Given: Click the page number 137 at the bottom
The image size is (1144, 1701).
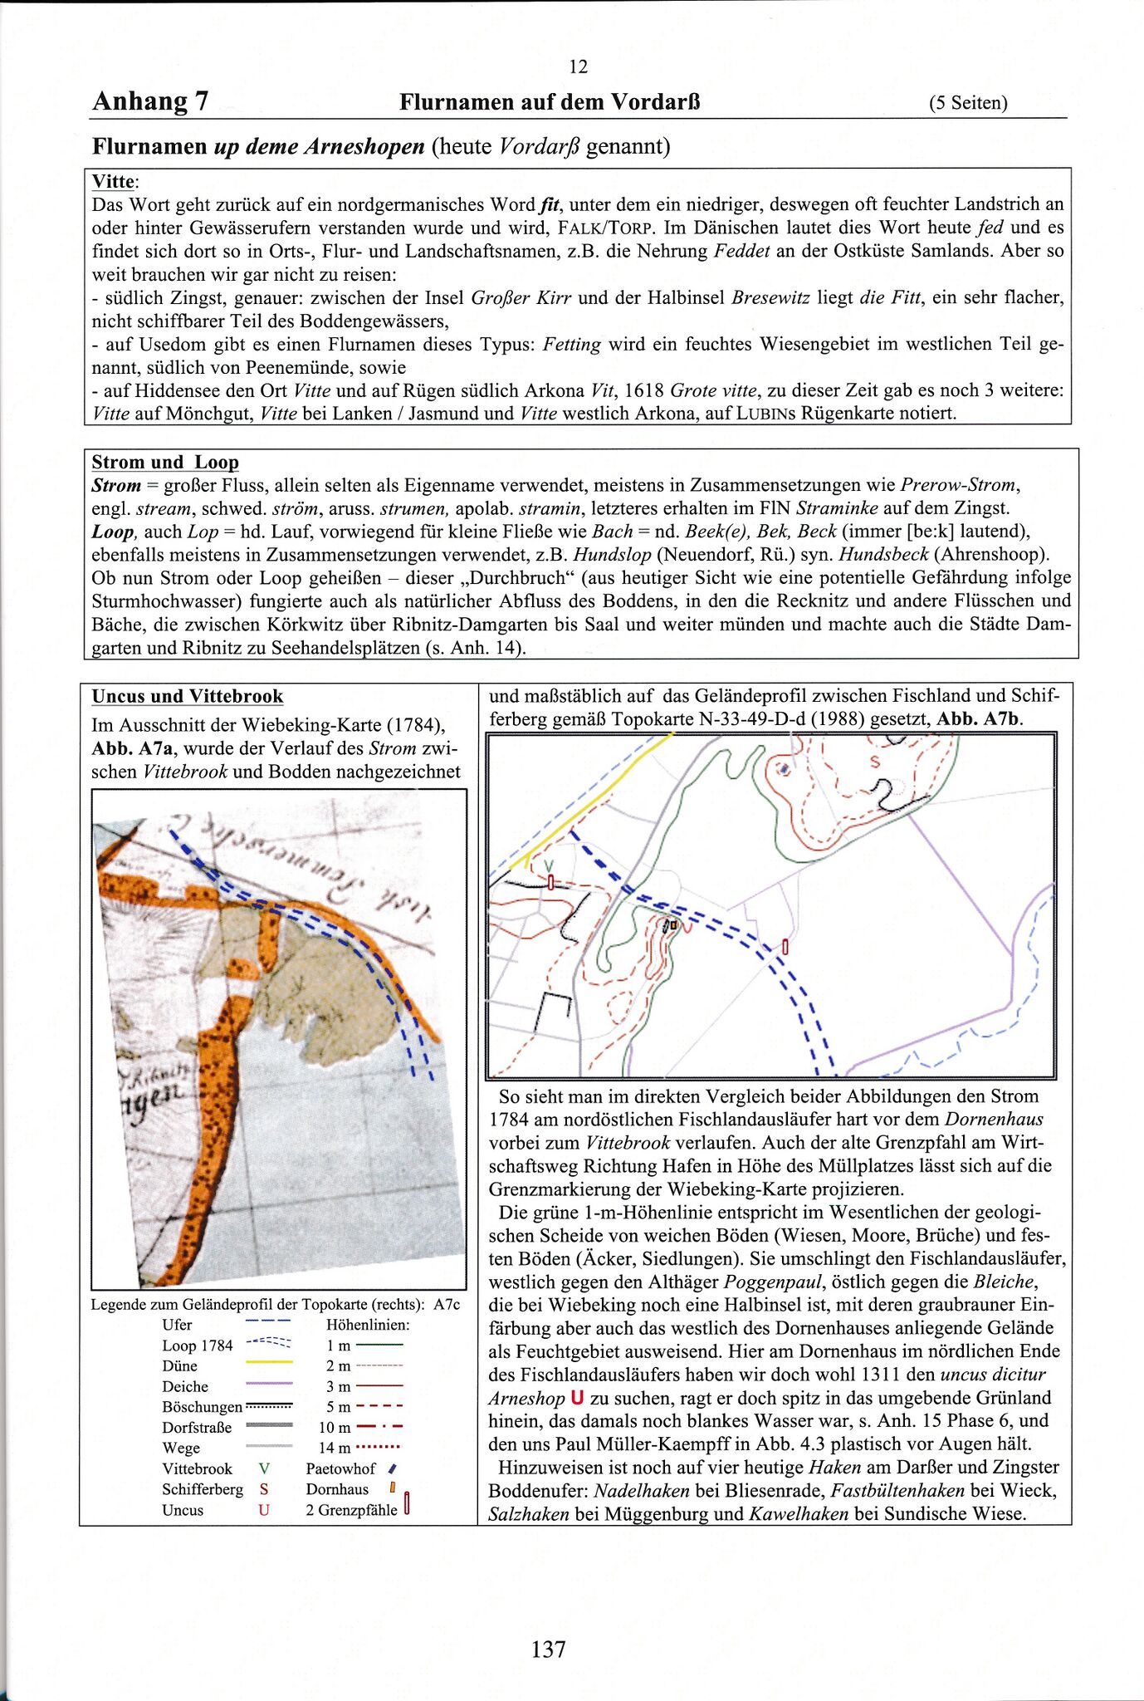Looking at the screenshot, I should click(x=548, y=1649).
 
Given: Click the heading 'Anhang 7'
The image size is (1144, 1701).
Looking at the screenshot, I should click(x=150, y=101).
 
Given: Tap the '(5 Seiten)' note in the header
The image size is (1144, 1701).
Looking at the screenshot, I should click(x=968, y=103).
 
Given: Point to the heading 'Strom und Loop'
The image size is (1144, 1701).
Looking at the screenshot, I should click(x=165, y=462).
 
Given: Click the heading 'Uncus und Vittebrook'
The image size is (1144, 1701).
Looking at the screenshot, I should click(x=188, y=696).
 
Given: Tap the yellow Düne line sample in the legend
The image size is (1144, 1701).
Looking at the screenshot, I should click(x=270, y=1363).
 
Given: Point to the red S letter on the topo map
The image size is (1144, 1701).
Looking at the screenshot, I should click(x=873, y=761).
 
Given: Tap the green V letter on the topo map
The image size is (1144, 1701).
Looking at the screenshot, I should click(x=547, y=865).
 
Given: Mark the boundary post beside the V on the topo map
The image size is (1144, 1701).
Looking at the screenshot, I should click(x=550, y=882).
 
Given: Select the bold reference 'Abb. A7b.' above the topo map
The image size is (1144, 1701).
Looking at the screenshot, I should click(x=980, y=719).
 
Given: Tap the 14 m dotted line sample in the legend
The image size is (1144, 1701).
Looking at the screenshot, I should click(x=380, y=1448).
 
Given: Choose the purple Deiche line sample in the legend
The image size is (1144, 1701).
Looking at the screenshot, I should click(x=270, y=1384).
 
